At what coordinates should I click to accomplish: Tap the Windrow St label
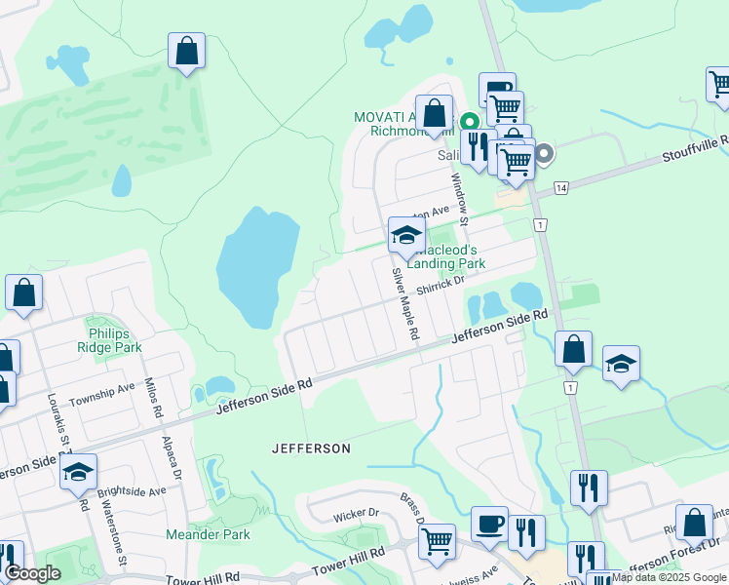pos(458,196)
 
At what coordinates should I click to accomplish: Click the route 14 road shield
pos(560,186)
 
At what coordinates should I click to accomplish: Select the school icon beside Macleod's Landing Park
pos(406,234)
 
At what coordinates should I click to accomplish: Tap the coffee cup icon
pos(489,524)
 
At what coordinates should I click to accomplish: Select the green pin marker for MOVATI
pos(469,122)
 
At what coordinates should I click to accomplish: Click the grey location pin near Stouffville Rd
pos(544,153)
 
